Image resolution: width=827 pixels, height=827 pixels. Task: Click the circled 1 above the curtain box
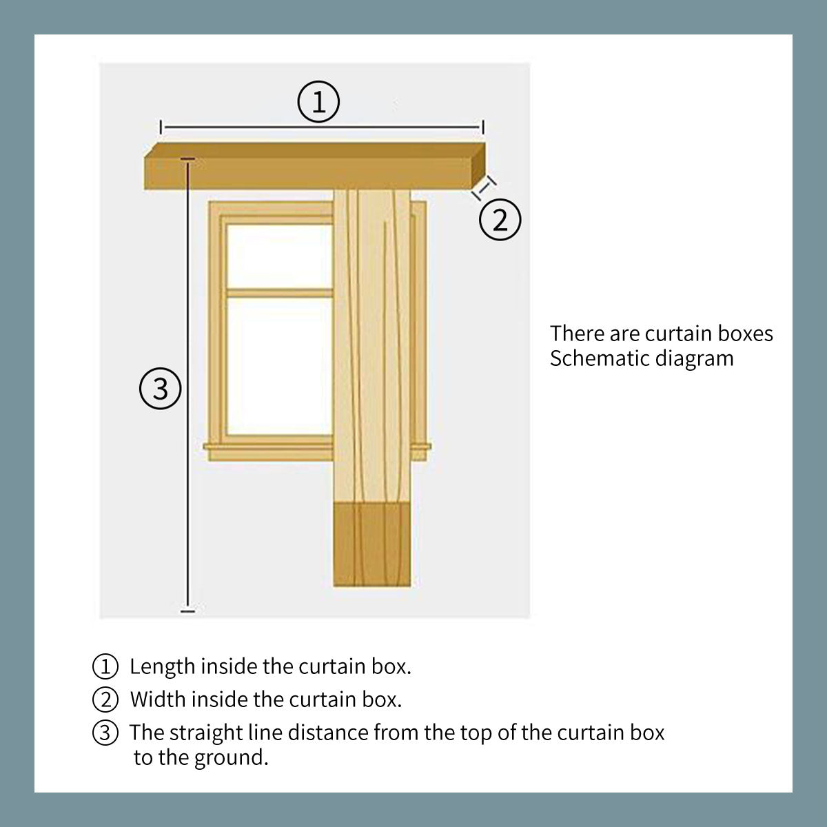click(318, 102)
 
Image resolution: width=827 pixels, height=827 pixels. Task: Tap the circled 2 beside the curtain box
click(500, 219)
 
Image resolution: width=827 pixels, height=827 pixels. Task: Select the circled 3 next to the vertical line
click(161, 389)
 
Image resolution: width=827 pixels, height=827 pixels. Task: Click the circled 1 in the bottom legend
click(105, 666)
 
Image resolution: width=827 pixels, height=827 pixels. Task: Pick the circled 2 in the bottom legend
click(105, 700)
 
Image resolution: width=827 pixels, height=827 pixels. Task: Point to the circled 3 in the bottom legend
click(105, 733)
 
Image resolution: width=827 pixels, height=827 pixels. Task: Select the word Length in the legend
click(162, 667)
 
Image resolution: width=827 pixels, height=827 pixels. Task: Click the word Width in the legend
click(158, 700)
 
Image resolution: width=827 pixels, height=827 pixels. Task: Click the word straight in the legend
click(207, 733)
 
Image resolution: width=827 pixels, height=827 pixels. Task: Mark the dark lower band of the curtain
click(371, 544)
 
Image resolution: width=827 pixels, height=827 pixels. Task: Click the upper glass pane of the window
click(279, 256)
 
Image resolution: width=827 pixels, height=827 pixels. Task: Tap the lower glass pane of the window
click(279, 366)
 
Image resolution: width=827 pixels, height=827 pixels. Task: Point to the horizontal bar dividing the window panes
click(279, 293)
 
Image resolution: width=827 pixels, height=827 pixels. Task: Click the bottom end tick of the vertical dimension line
click(187, 611)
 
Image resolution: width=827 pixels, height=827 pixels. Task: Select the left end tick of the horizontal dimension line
click(161, 127)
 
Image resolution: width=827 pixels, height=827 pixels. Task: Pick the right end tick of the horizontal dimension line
click(483, 127)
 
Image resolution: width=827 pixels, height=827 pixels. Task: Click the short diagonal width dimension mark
click(484, 187)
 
